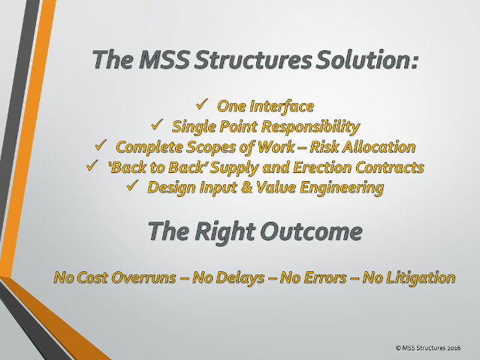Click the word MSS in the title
tap(164, 59)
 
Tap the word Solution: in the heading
tap(367, 59)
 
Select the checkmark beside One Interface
tap(202, 104)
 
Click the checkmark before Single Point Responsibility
tap(157, 125)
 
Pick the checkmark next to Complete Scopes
tap(101, 144)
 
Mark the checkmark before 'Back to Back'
tap(92, 165)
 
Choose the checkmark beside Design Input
tap(132, 186)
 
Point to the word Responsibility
tap(311, 127)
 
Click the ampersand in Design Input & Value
tap(246, 187)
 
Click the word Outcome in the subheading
tap(311, 231)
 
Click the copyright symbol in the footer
tap(398, 348)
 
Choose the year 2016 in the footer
tap(454, 348)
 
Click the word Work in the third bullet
tap(276, 147)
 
